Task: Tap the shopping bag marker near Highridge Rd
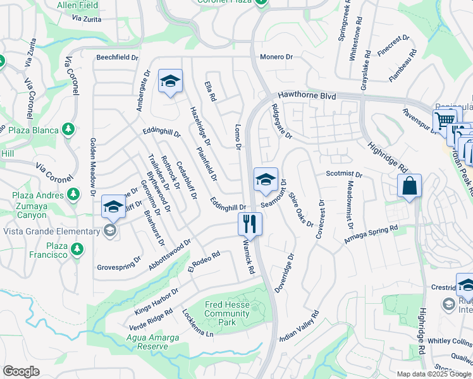click(409, 186)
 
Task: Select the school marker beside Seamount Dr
click(266, 179)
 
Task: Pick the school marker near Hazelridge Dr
click(170, 81)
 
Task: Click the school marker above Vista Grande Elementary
click(114, 207)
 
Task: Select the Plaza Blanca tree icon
click(69, 130)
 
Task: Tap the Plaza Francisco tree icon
click(77, 250)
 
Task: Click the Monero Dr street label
click(276, 57)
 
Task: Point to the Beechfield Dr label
click(117, 57)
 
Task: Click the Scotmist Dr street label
click(343, 174)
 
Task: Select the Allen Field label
click(78, 5)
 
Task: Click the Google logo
click(21, 371)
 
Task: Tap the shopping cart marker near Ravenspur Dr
click(444, 119)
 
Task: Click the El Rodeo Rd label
click(203, 262)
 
